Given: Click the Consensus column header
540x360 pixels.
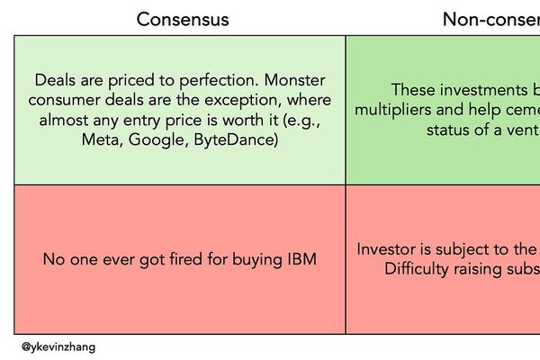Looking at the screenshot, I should click(183, 19).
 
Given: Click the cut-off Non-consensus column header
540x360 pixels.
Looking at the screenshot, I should click(490, 19).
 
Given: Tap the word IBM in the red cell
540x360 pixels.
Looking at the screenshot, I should click(301, 259).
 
